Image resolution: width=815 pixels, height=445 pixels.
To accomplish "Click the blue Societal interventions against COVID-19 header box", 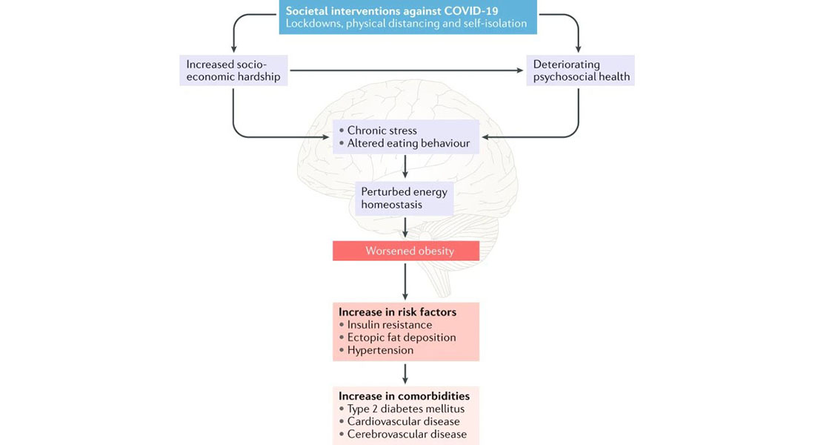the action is coord(408,17).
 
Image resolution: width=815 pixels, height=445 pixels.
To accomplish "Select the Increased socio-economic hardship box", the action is coord(233,70).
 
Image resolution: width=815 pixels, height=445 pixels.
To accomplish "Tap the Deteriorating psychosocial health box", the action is coord(580,70).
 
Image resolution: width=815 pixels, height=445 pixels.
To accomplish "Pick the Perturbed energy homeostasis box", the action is coord(404,198).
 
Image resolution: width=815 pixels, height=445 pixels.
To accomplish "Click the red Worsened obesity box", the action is coord(406,251).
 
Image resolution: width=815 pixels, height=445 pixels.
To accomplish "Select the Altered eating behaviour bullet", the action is coord(404,143).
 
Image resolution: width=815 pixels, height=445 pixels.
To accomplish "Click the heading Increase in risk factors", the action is coord(398,311).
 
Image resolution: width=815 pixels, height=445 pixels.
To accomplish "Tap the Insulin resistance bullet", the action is coord(385,325).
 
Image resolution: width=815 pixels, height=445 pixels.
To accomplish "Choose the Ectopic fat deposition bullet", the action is coord(397,337).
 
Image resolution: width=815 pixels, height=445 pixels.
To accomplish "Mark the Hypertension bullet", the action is coord(376,350).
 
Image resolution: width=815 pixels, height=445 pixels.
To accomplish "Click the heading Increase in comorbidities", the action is coord(405,396).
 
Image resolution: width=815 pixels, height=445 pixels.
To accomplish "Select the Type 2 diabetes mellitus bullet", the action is coord(402,409).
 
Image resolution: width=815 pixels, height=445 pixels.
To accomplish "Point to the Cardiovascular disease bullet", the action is coord(399,421).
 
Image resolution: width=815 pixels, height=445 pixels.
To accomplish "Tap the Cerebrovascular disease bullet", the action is coord(402,434).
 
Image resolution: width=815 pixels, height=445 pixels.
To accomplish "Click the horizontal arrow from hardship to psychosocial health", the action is coord(407,70).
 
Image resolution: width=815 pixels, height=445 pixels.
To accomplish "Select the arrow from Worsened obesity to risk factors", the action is coord(405,281).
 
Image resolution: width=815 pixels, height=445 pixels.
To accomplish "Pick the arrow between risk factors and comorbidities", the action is coord(405,374).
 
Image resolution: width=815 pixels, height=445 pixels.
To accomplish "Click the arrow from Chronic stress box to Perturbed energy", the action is coord(405,167).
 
